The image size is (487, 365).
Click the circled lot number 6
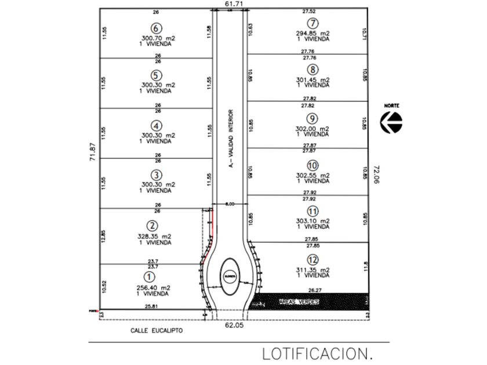(x=155, y=28)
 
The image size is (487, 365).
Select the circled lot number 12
(x=313, y=260)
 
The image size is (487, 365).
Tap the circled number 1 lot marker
(x=149, y=278)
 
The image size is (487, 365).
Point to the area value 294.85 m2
(x=313, y=33)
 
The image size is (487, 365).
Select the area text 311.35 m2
(x=313, y=270)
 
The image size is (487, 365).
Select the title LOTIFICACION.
(x=316, y=353)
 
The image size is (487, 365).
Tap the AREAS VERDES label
(x=299, y=302)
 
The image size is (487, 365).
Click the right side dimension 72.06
(x=376, y=174)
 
